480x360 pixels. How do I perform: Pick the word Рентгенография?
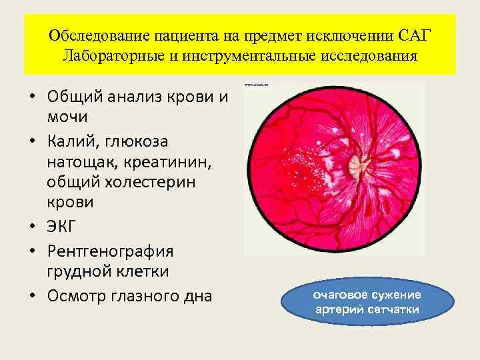point(110,251)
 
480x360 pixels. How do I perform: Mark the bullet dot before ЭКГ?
point(31,228)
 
